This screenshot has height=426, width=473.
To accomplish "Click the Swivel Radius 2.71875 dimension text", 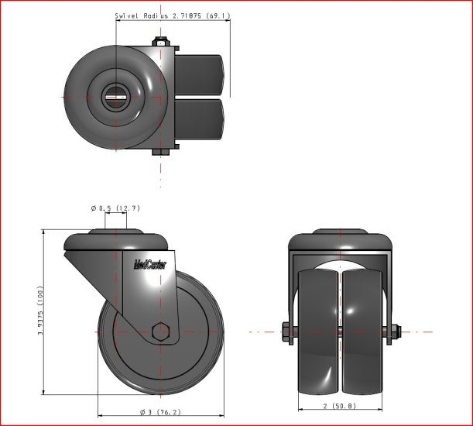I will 172,15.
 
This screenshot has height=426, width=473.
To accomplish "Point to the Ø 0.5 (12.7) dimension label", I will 115,208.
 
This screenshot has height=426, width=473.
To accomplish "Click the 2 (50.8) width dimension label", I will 338,405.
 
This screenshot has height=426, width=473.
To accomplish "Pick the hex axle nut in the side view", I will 161,332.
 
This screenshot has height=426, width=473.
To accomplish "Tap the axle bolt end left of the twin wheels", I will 286,331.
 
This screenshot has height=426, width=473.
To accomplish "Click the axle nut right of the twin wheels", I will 394,332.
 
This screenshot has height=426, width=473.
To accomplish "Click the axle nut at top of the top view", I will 161,43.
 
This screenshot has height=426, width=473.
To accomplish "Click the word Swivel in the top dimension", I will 127,15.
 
